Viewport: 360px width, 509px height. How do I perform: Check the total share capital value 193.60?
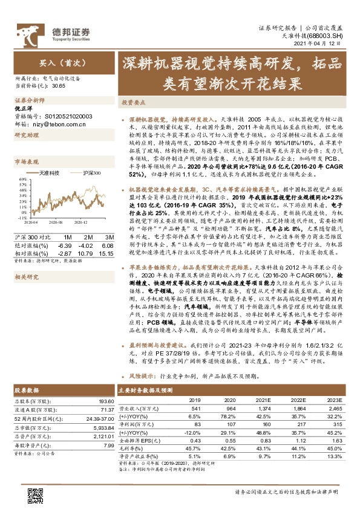click(106, 401)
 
